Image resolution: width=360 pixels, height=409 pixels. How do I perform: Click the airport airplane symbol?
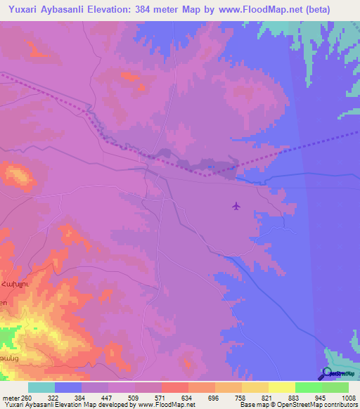pos(236,206)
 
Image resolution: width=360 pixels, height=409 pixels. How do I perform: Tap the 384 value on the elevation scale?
pos(95,397)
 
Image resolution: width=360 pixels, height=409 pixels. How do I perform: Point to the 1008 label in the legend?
pos(339,397)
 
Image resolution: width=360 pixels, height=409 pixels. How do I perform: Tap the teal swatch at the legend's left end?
pos(41,387)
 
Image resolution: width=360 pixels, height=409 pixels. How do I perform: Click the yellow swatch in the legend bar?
pos(281,387)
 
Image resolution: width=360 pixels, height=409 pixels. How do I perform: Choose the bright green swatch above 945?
pos(308,387)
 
